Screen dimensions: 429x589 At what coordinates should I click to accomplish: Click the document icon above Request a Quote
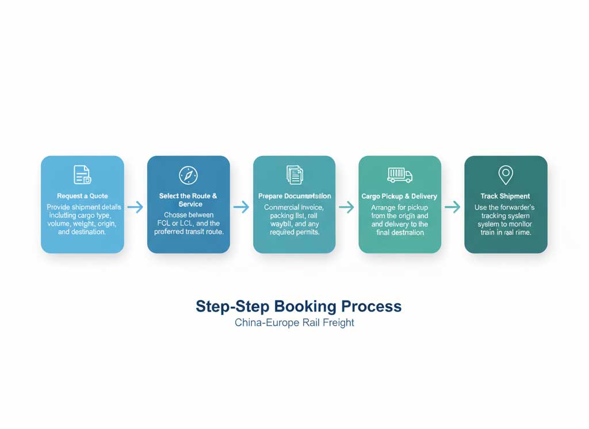(82, 174)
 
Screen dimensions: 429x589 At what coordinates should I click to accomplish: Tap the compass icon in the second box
(188, 175)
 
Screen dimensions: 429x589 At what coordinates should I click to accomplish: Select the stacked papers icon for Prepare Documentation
(294, 174)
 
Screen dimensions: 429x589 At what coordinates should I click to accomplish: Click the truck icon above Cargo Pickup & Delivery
(400, 174)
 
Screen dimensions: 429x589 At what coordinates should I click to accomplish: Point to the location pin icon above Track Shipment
(506, 174)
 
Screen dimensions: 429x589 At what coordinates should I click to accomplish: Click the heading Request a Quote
(82, 196)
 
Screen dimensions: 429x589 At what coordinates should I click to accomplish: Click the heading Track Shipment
(506, 196)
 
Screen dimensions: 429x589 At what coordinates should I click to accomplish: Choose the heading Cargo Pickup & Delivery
(399, 196)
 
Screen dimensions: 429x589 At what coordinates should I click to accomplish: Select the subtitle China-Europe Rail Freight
(294, 322)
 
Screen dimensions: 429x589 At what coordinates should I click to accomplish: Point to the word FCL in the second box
(165, 223)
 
